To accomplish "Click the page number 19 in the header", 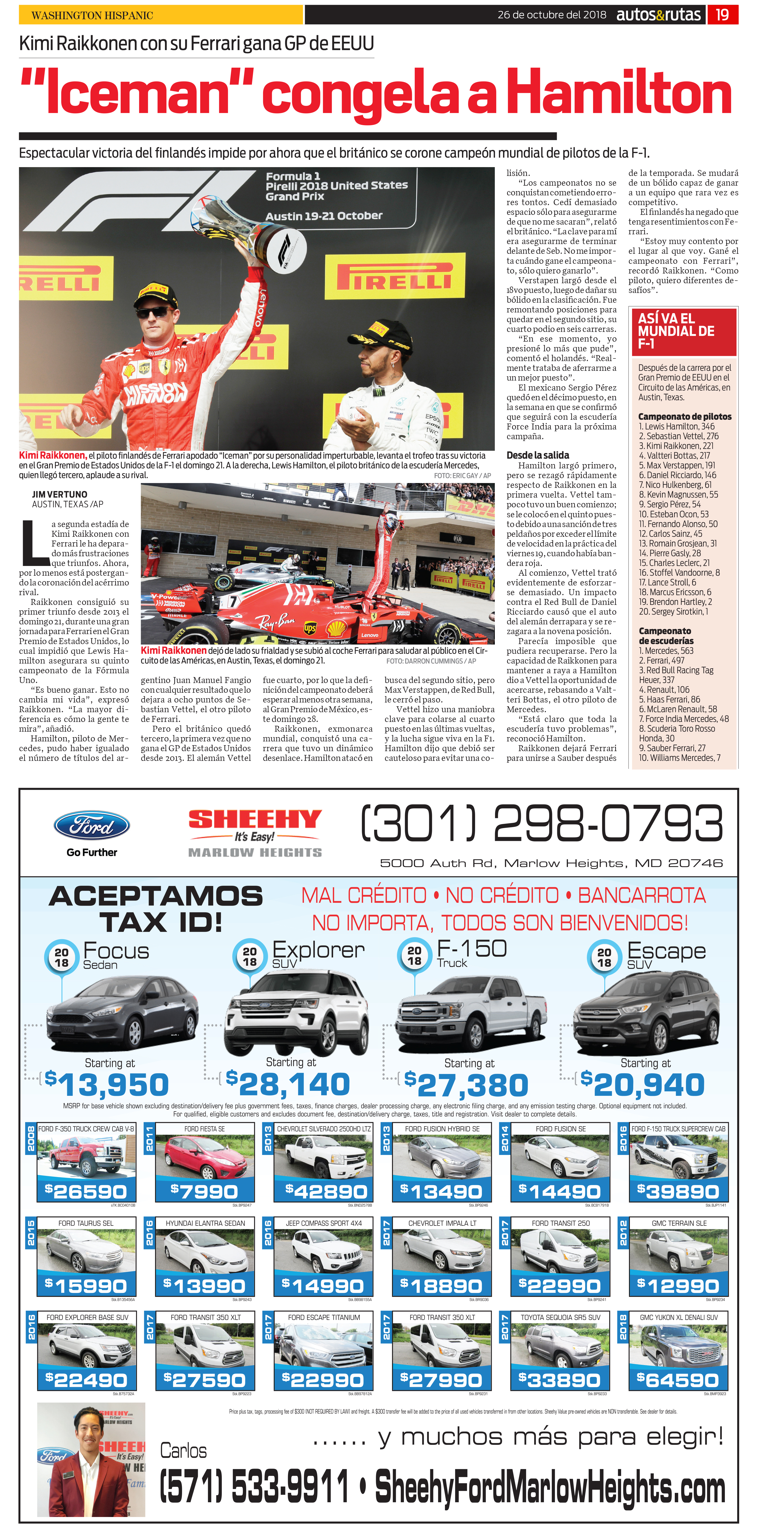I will [x=722, y=15].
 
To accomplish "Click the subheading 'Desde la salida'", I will [x=538, y=455].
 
